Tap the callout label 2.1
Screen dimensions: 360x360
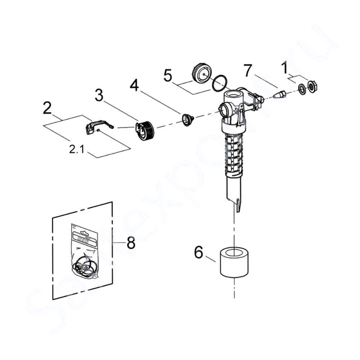(77, 149)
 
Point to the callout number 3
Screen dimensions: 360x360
(99, 96)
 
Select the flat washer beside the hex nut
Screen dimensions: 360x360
(302, 89)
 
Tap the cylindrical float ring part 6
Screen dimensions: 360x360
(234, 262)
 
